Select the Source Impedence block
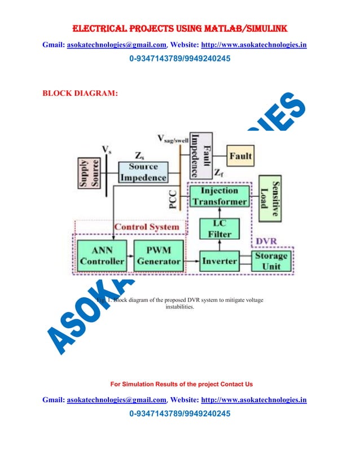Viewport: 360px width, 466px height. tap(143, 172)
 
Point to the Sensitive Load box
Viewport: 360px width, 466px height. tap(269, 199)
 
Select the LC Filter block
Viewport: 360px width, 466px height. tap(218, 228)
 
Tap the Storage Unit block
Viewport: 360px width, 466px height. tap(271, 261)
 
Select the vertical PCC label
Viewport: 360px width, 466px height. tap(174, 197)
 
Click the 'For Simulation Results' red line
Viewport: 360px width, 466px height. tap(181, 384)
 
